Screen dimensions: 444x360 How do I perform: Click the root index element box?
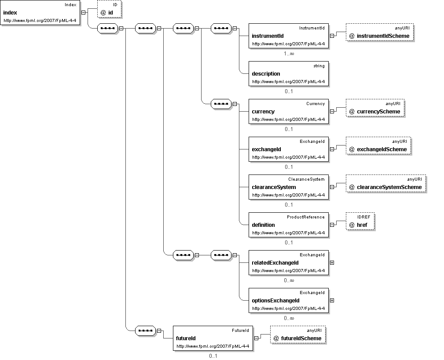[x=40, y=13]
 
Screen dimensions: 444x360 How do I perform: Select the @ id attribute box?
[x=109, y=9]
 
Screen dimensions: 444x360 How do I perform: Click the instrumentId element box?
[x=289, y=36]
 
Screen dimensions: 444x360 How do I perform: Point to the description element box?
[x=289, y=73]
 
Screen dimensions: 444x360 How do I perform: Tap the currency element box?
[x=289, y=111]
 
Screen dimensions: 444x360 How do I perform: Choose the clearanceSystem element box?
[x=289, y=187]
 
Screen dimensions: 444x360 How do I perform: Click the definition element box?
[x=289, y=225]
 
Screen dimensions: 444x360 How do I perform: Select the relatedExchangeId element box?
[x=289, y=263]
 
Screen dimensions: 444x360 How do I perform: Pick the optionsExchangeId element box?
[x=289, y=300]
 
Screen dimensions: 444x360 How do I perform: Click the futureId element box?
[x=213, y=338]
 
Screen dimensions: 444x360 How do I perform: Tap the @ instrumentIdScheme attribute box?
[x=380, y=32]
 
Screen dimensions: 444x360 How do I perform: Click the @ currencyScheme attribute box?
[x=375, y=108]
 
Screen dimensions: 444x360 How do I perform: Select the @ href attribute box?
[x=360, y=221]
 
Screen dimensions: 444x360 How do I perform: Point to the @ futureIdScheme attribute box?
[x=298, y=335]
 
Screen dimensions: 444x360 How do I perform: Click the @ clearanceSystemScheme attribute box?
[x=386, y=184]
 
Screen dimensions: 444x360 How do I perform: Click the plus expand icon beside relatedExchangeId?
[x=332, y=263]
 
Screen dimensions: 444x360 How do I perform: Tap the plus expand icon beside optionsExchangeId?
[x=332, y=300]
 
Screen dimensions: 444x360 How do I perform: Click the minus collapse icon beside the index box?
[x=83, y=12]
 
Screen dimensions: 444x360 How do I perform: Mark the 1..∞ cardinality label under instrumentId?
[x=289, y=54]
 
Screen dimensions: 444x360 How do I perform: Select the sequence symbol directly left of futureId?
[x=146, y=331]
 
